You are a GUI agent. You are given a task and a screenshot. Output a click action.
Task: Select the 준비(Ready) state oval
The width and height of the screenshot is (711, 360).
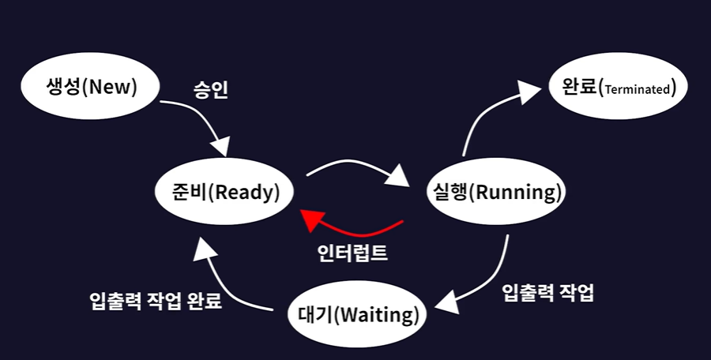click(x=226, y=192)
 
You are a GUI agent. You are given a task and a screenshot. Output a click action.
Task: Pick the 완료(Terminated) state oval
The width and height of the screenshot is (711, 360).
click(x=619, y=86)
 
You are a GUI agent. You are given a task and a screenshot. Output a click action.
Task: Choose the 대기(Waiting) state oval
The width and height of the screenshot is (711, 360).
click(x=358, y=316)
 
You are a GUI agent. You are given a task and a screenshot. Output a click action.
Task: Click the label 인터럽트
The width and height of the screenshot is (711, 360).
click(x=352, y=254)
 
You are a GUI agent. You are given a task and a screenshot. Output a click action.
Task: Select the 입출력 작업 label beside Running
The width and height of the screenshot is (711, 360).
click(x=547, y=293)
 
